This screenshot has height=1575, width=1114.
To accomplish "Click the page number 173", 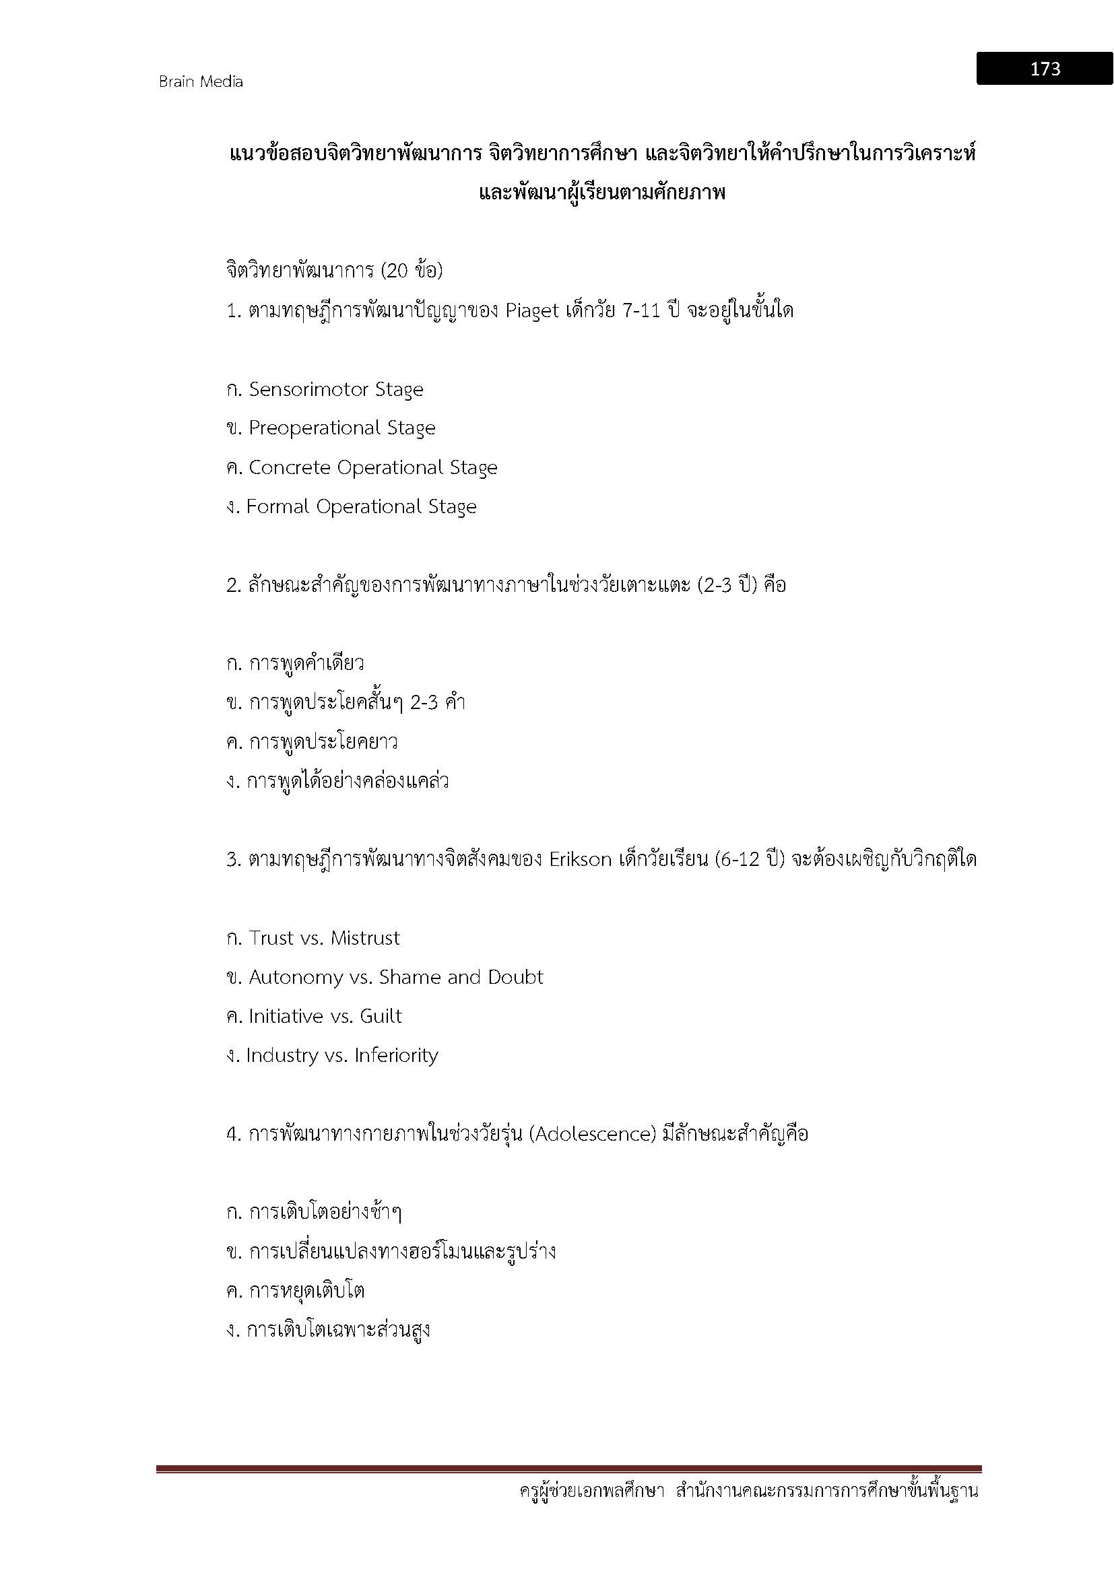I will [x=1045, y=69].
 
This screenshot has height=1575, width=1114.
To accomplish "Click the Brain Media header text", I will [x=201, y=81].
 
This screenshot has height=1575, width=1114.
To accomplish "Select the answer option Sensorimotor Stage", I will [x=335, y=390].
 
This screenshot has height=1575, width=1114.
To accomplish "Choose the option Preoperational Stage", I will [x=341, y=428].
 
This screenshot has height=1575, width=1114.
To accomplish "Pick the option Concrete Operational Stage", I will [x=372, y=468].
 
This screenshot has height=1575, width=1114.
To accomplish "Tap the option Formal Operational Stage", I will [x=361, y=507].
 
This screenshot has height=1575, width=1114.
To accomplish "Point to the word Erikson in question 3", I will [x=581, y=859].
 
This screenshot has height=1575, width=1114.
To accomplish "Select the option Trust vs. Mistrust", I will [x=324, y=938].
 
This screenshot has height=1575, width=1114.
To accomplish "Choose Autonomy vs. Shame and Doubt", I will [x=396, y=977].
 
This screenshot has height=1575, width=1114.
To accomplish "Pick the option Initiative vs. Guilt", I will [x=325, y=1016].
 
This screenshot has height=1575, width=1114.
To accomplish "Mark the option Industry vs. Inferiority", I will [x=341, y=1055].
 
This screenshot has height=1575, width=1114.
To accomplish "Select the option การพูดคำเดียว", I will [x=306, y=663].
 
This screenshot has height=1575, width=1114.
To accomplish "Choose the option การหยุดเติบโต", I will [x=306, y=1291].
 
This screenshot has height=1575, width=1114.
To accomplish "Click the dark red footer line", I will [x=568, y=1469].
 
